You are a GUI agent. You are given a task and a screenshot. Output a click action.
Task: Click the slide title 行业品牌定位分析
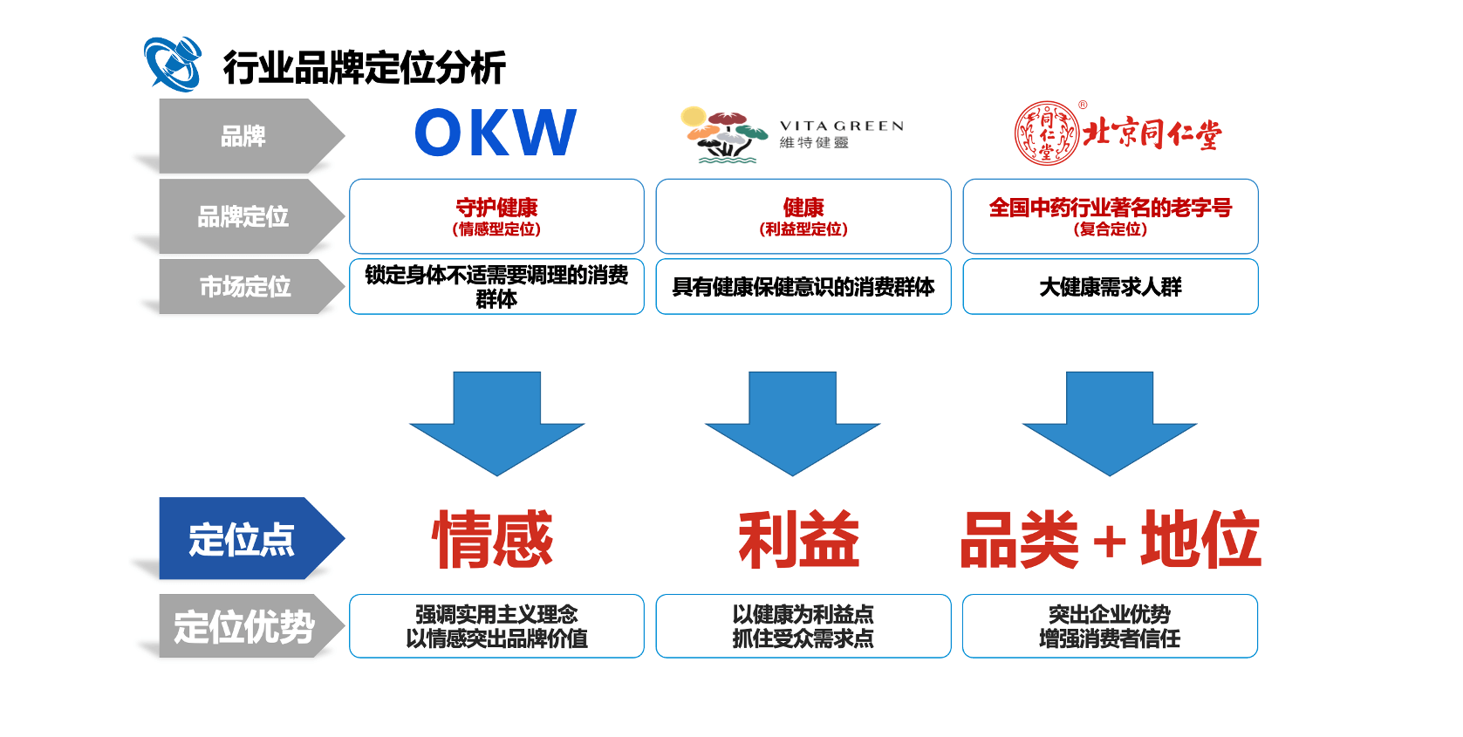pyautogui.click(x=364, y=68)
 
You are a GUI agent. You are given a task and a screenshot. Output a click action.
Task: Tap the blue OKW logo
pyautogui.click(x=496, y=133)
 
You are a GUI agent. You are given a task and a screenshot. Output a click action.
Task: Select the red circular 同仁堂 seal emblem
pyautogui.click(x=1046, y=133)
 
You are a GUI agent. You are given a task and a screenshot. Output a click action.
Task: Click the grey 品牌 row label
pyautogui.click(x=243, y=136)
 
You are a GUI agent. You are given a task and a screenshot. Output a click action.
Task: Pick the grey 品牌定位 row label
pyautogui.click(x=243, y=216)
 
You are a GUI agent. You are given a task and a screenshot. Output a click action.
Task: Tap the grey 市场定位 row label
pyautogui.click(x=244, y=286)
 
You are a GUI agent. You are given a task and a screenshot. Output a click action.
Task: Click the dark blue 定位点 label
pyautogui.click(x=243, y=539)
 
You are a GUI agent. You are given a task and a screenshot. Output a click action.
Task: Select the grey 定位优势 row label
pyautogui.click(x=244, y=626)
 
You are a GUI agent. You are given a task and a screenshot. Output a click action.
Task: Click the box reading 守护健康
pyautogui.click(x=496, y=216)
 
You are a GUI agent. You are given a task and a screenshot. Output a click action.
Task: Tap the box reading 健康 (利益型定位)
pyautogui.click(x=803, y=216)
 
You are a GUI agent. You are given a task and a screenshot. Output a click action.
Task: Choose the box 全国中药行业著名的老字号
pyautogui.click(x=1110, y=216)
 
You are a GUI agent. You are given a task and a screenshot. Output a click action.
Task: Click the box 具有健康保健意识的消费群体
pyautogui.click(x=803, y=286)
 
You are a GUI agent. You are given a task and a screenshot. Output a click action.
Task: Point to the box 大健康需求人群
pyautogui.click(x=1110, y=286)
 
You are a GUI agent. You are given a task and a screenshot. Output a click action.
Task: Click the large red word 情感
pyautogui.click(x=493, y=540)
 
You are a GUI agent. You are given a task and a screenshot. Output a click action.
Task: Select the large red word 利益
pyautogui.click(x=798, y=540)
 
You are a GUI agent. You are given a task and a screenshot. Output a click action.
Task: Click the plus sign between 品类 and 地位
pyautogui.click(x=1109, y=542)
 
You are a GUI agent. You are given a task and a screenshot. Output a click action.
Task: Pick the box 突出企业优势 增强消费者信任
pyautogui.click(x=1110, y=626)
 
